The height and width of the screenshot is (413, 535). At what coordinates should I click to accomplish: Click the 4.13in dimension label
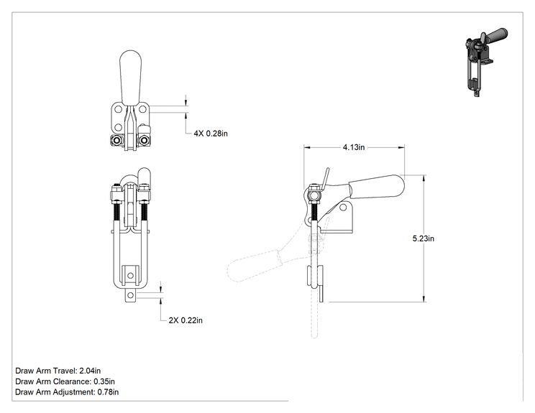[x=354, y=147]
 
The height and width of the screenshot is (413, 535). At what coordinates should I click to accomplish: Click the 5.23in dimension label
[x=423, y=238]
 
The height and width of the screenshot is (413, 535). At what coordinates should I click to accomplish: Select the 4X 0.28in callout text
[x=211, y=133]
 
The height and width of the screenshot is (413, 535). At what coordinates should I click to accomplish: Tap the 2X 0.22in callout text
[x=186, y=320]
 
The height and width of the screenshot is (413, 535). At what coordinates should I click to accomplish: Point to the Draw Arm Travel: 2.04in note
[x=58, y=371]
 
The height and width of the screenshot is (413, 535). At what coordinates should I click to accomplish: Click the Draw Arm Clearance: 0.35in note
[x=65, y=381]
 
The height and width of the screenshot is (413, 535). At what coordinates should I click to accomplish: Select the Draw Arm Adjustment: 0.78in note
[x=67, y=392]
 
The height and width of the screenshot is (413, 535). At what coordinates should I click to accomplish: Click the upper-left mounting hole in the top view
[x=119, y=109]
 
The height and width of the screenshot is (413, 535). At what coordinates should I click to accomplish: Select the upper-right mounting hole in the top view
[x=142, y=109]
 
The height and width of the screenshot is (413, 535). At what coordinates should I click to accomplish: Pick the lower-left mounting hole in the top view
[x=119, y=127]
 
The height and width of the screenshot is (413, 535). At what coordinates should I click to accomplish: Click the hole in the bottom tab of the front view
[x=130, y=295]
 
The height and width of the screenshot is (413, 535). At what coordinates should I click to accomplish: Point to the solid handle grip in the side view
[x=376, y=187]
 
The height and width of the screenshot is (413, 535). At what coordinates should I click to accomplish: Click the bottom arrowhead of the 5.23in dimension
[x=424, y=299]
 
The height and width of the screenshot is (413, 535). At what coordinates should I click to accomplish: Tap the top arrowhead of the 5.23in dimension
[x=424, y=179]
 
